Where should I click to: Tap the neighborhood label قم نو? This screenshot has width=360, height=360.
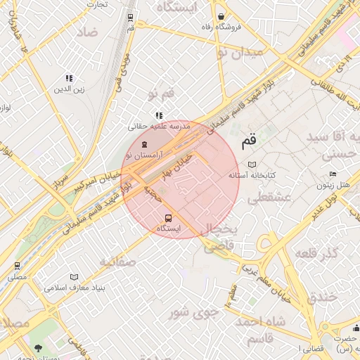click(x=160, y=94)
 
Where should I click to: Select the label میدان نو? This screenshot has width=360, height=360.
click(x=240, y=52)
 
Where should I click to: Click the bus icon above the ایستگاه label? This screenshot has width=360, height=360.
click(x=168, y=218)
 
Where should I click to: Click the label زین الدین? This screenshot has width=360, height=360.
click(x=70, y=90)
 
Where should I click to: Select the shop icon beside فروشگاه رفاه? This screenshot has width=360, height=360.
click(x=221, y=16)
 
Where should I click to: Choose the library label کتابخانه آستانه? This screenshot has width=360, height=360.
click(x=252, y=174)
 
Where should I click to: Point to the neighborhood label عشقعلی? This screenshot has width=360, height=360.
click(x=264, y=199)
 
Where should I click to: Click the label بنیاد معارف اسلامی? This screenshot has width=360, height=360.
click(x=74, y=288)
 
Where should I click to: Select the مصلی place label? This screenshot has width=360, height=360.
click(x=17, y=277)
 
